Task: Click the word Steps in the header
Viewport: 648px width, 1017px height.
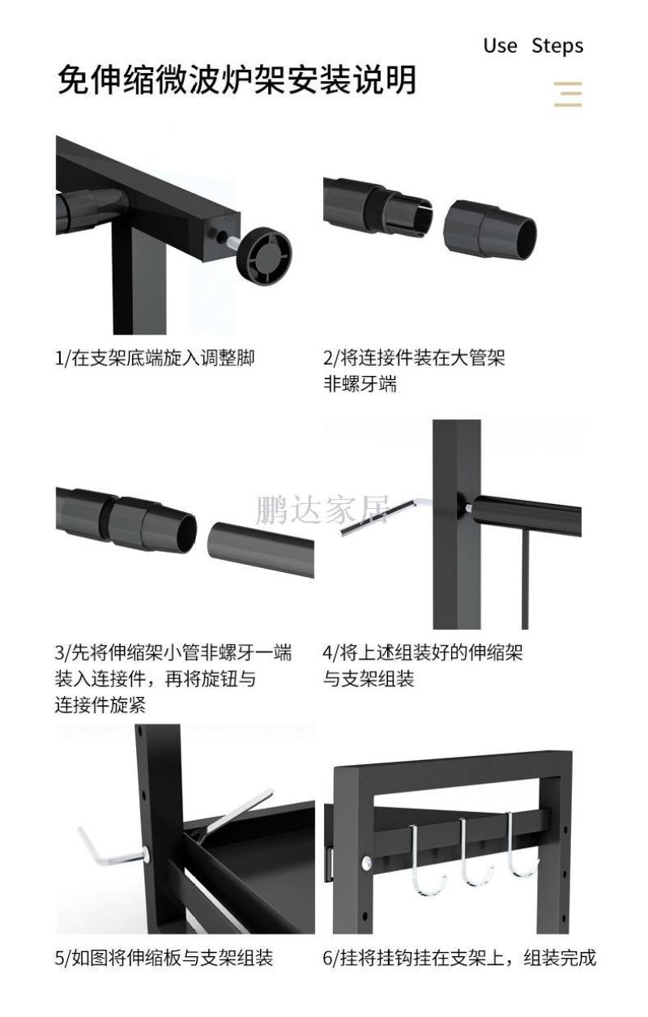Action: [x=557, y=45]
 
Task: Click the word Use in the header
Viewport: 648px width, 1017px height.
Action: [x=500, y=45]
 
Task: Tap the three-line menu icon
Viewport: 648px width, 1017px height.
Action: [x=569, y=94]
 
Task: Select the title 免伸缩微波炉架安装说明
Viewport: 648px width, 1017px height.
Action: [x=237, y=82]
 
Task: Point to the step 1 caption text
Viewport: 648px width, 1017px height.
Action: [x=155, y=357]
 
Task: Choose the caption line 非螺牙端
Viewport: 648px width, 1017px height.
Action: [x=360, y=384]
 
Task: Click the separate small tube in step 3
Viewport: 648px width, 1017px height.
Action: [x=261, y=550]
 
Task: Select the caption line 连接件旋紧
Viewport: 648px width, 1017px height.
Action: [x=100, y=704]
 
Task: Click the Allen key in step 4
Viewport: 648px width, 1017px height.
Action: [x=377, y=517]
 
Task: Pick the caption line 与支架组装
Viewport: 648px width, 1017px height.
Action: [x=369, y=679]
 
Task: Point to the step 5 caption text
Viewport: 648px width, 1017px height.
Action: [x=164, y=958]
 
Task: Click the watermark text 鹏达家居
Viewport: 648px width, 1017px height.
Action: [x=322, y=511]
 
